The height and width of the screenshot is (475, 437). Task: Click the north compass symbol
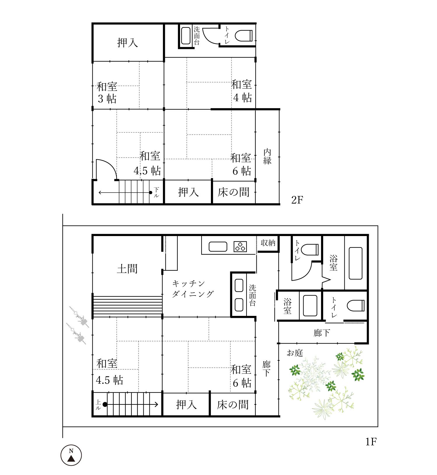71,455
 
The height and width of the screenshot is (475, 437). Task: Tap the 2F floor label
297,200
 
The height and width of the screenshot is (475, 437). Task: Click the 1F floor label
371,442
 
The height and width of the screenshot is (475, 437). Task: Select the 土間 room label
127,269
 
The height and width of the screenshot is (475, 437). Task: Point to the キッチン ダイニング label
193,289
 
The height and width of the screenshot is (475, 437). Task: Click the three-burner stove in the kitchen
240,247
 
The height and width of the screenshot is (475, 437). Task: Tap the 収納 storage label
268,243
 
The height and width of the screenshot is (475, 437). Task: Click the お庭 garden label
295,353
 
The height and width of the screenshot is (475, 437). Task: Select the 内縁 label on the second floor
267,156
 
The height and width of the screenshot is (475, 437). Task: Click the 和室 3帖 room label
107,93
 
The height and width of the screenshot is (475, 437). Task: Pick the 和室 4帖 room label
242,91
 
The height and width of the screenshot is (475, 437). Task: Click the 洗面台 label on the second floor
197,36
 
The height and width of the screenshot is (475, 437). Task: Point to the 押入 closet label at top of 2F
127,43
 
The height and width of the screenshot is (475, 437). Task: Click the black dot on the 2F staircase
151,193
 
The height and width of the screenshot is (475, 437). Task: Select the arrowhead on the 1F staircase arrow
156,404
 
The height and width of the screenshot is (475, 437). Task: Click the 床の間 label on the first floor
233,404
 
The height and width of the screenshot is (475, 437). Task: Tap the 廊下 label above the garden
322,333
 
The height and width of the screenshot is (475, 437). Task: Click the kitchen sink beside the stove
218,247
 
